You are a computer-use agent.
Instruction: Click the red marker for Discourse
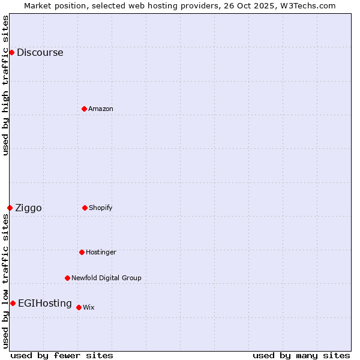11,52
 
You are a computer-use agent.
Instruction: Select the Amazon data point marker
84,109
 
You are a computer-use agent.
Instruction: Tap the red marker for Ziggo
10,208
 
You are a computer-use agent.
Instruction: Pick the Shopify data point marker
85,208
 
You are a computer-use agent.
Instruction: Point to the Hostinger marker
82,252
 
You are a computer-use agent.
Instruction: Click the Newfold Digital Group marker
67,278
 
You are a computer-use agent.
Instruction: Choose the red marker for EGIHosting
13,303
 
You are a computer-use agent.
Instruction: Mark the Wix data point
79,307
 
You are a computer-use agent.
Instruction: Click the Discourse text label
40,52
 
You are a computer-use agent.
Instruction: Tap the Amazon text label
100,109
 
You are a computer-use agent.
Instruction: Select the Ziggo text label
28,208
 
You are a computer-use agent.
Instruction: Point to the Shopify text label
100,208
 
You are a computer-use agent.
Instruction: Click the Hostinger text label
101,252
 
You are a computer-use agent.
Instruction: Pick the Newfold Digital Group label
106,278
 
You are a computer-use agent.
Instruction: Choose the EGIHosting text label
45,303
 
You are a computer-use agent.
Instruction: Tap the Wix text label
88,307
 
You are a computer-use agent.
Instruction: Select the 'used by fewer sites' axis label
62,355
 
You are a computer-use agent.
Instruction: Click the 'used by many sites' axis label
301,355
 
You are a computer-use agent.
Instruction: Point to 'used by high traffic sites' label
5,85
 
